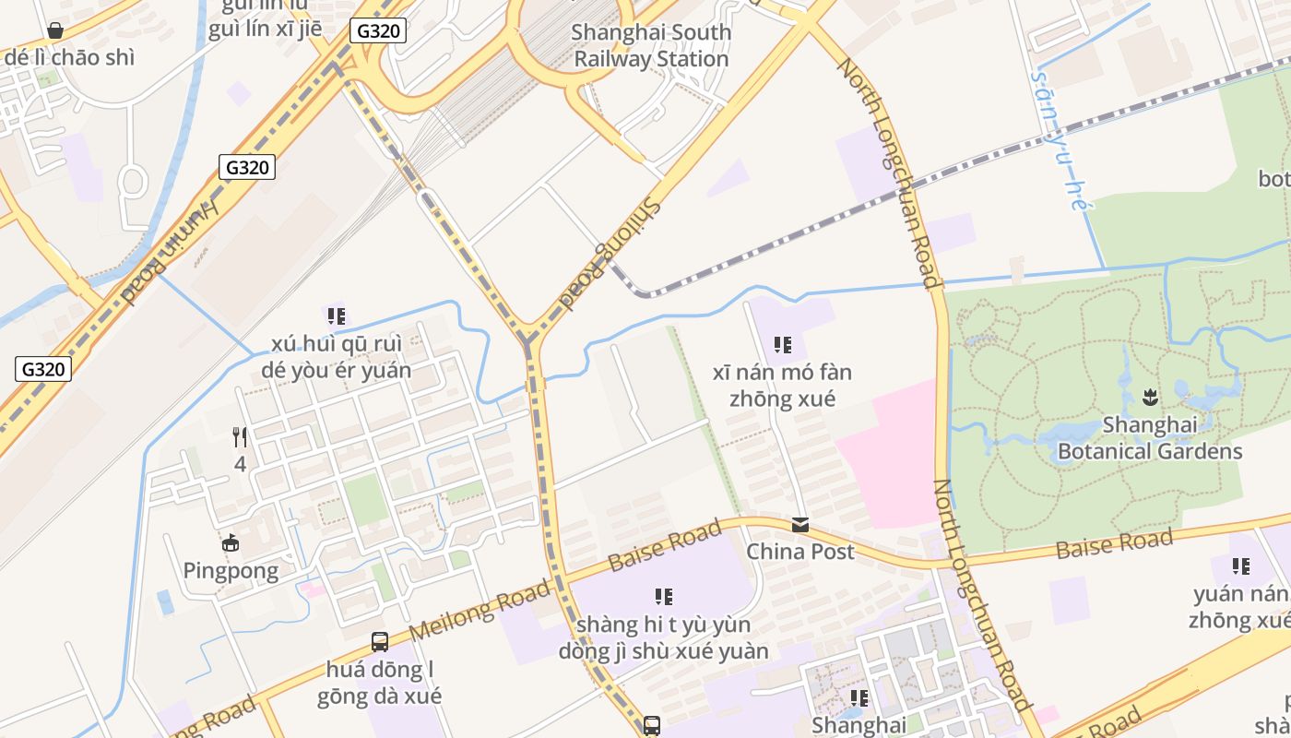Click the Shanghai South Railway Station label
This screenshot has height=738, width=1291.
point(652,45)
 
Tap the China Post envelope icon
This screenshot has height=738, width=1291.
point(800,525)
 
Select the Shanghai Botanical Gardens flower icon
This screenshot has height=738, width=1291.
point(1150,398)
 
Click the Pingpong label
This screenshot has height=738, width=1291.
point(231,570)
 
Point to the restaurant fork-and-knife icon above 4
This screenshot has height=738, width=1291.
point(240,436)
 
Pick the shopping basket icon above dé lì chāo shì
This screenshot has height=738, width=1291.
point(55,30)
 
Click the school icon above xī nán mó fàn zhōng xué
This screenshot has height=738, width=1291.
point(782,345)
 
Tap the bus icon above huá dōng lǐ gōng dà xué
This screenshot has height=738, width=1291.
point(379,641)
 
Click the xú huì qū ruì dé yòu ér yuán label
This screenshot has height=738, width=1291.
point(337,357)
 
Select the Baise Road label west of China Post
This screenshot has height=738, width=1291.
point(664,546)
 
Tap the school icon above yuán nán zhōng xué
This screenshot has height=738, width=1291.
point(1241,565)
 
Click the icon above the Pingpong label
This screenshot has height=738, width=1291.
point(231,542)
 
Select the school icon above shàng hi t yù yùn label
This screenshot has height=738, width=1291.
point(663,597)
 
